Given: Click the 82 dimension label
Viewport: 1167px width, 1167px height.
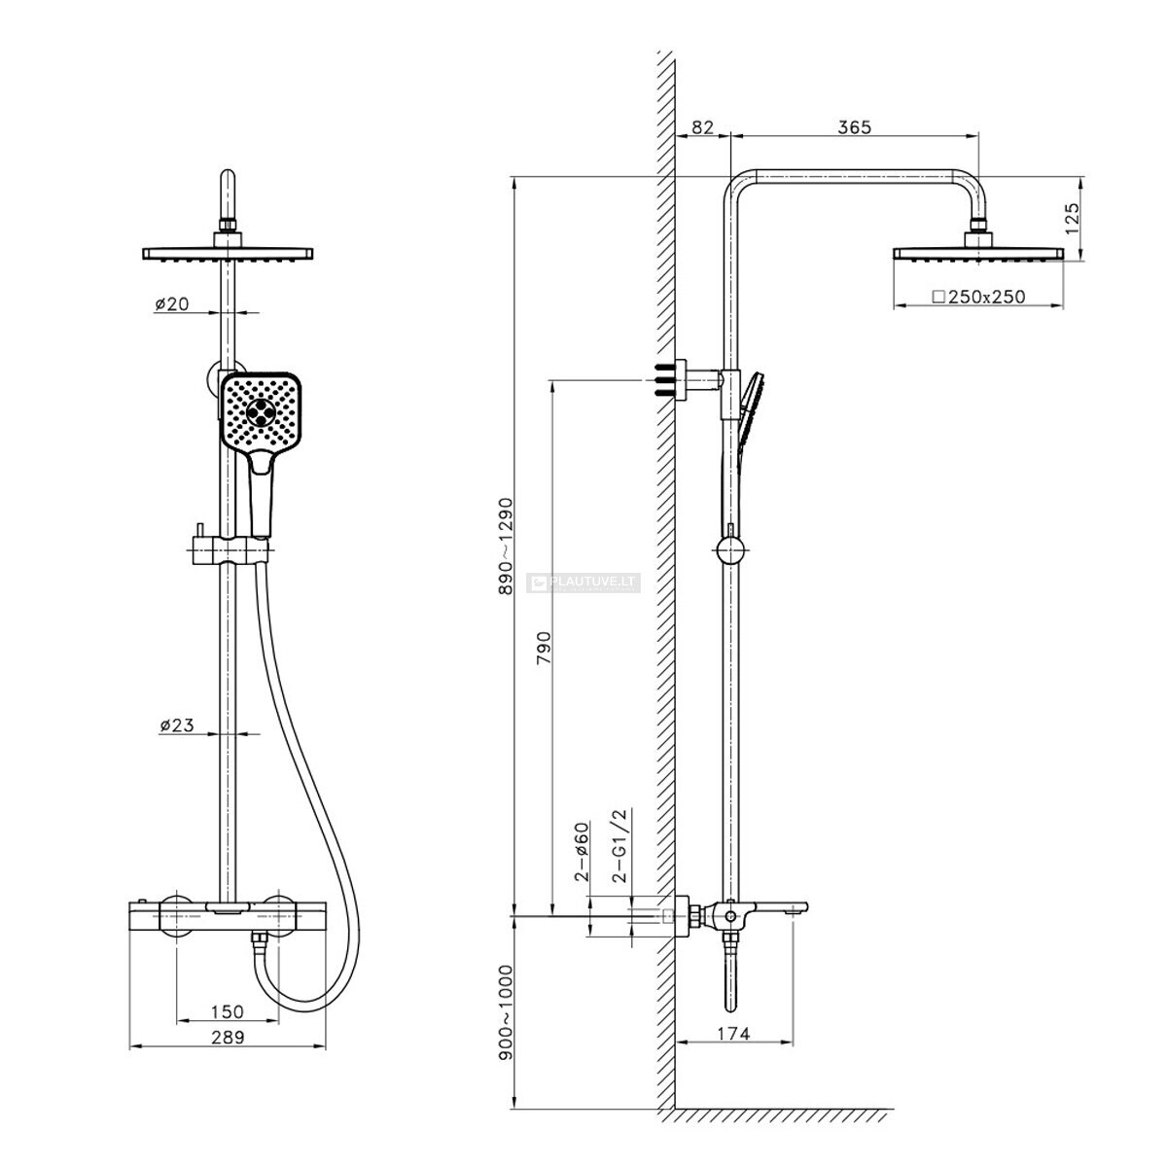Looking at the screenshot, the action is [702, 127].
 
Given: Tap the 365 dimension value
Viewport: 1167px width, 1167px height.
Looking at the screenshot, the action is [854, 127].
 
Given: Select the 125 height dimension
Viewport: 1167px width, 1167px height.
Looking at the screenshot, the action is [1072, 219].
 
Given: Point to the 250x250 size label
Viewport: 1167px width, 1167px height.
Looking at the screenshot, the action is [978, 297].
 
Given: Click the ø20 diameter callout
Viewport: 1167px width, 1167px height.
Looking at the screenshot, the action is [172, 303].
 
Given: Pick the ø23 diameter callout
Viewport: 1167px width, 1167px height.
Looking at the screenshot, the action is [177, 725].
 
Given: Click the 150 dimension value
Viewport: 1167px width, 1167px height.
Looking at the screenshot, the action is [228, 1011].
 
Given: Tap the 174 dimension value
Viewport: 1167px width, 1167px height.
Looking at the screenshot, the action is [733, 1033].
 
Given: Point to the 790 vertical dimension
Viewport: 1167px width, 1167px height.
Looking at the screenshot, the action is [544, 648].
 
